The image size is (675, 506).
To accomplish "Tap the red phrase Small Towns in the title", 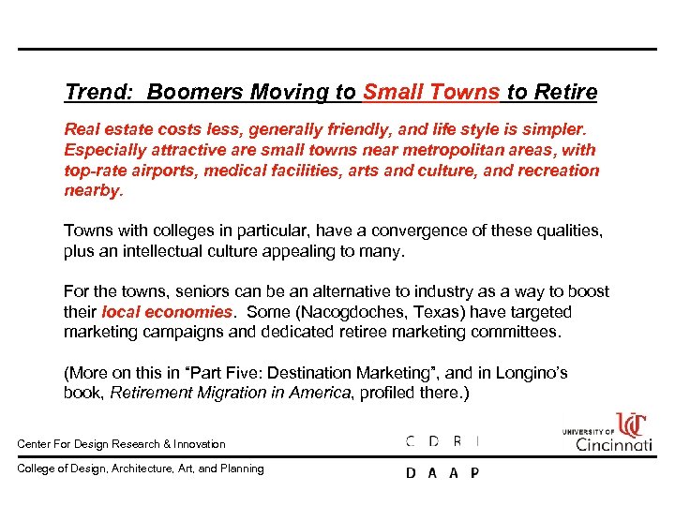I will [x=431, y=92].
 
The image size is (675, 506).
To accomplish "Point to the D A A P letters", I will [x=442, y=473].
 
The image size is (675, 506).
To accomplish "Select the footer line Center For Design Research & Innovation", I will [x=122, y=444].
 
